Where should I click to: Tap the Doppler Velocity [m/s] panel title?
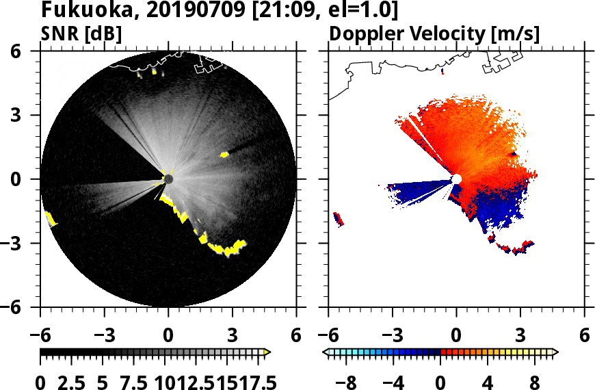[x=435, y=33]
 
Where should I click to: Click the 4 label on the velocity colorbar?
[x=488, y=380]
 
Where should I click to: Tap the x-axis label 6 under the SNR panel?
[x=296, y=335]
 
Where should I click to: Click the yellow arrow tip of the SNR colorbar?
[x=267, y=352]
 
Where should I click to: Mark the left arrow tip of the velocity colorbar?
[x=326, y=352]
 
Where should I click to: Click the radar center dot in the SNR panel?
[x=168, y=179]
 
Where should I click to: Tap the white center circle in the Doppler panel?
[x=456, y=179]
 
